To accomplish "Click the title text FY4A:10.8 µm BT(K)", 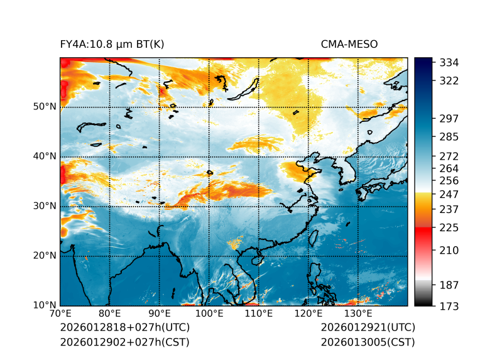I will click(x=112, y=44).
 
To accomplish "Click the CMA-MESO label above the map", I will click(x=349, y=44).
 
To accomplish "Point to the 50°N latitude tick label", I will click(x=44, y=107).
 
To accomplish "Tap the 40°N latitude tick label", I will click(x=44, y=156).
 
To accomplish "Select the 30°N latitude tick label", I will click(x=44, y=206).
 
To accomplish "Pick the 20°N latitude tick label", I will click(x=44, y=256).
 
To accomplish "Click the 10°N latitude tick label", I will click(x=44, y=305).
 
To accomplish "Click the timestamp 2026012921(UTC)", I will click(x=368, y=327).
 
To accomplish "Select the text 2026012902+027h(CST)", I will click(x=124, y=342).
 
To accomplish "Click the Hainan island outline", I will click(x=256, y=259).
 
